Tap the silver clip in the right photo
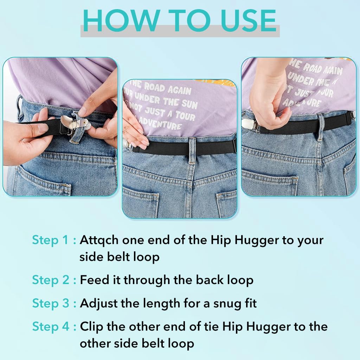click(x=248, y=124)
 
